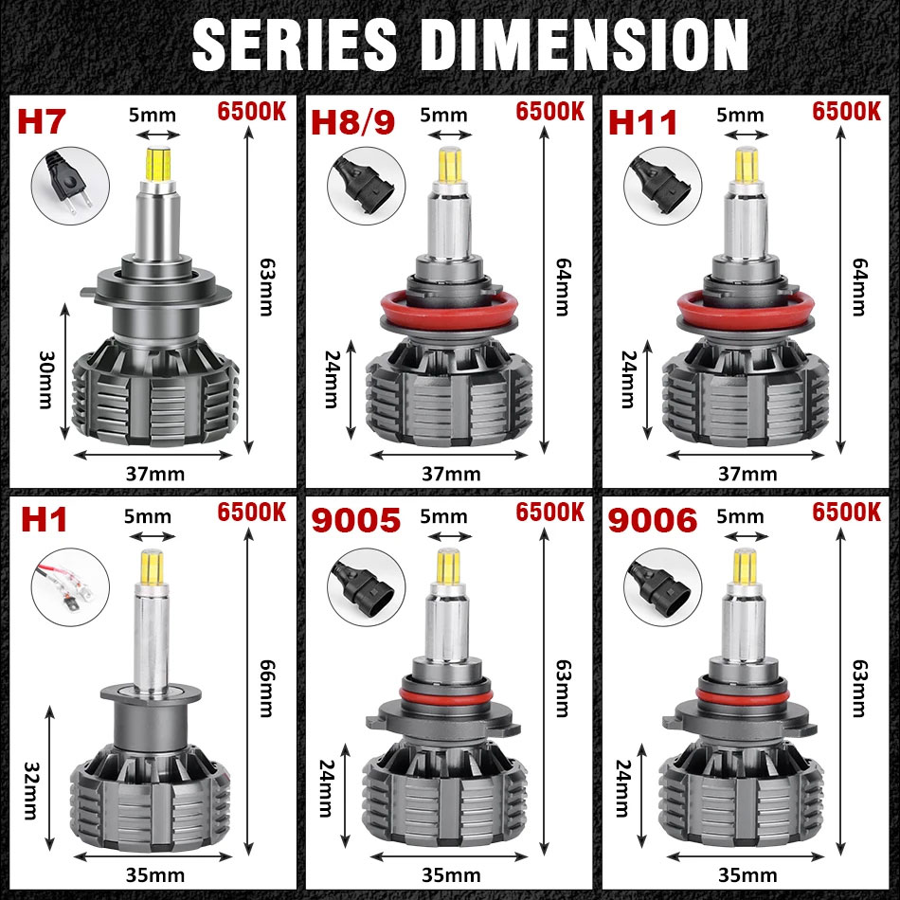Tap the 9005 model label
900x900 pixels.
point(356,519)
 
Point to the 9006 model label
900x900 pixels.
point(653,519)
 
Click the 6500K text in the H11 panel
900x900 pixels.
point(846,110)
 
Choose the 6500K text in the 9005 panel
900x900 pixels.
point(549,513)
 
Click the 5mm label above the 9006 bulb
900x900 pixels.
point(740,517)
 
